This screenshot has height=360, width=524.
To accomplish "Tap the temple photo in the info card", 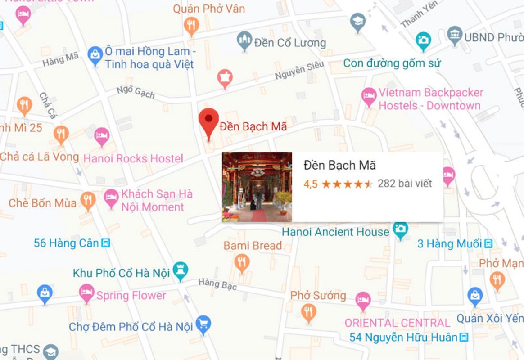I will [x=257, y=187].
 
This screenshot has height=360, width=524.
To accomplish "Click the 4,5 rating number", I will [x=310, y=184].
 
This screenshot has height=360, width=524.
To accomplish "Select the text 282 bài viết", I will [x=405, y=184].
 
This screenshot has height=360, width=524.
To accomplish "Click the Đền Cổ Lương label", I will [x=289, y=43].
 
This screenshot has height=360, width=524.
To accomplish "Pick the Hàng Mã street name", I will [x=60, y=59].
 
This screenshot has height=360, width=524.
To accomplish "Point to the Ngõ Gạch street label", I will [x=136, y=91].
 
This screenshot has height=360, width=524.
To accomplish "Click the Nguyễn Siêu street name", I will [x=299, y=71].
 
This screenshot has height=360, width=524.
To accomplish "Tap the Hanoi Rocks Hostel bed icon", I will [x=102, y=135].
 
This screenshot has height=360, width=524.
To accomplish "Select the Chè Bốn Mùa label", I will [x=42, y=203].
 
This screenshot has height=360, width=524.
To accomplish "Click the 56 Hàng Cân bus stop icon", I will [x=106, y=243].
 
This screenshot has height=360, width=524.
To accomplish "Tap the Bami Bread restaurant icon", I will [x=242, y=261].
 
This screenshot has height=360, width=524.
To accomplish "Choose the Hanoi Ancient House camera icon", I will [x=400, y=229].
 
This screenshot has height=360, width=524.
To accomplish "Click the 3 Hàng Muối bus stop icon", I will [x=488, y=244].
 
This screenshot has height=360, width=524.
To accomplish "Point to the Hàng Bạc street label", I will [x=217, y=283].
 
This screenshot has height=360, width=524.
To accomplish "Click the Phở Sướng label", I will [x=318, y=296].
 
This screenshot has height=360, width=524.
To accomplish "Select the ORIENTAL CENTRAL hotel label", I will [x=397, y=323].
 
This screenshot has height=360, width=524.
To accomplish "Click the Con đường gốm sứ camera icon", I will [x=423, y=40].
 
